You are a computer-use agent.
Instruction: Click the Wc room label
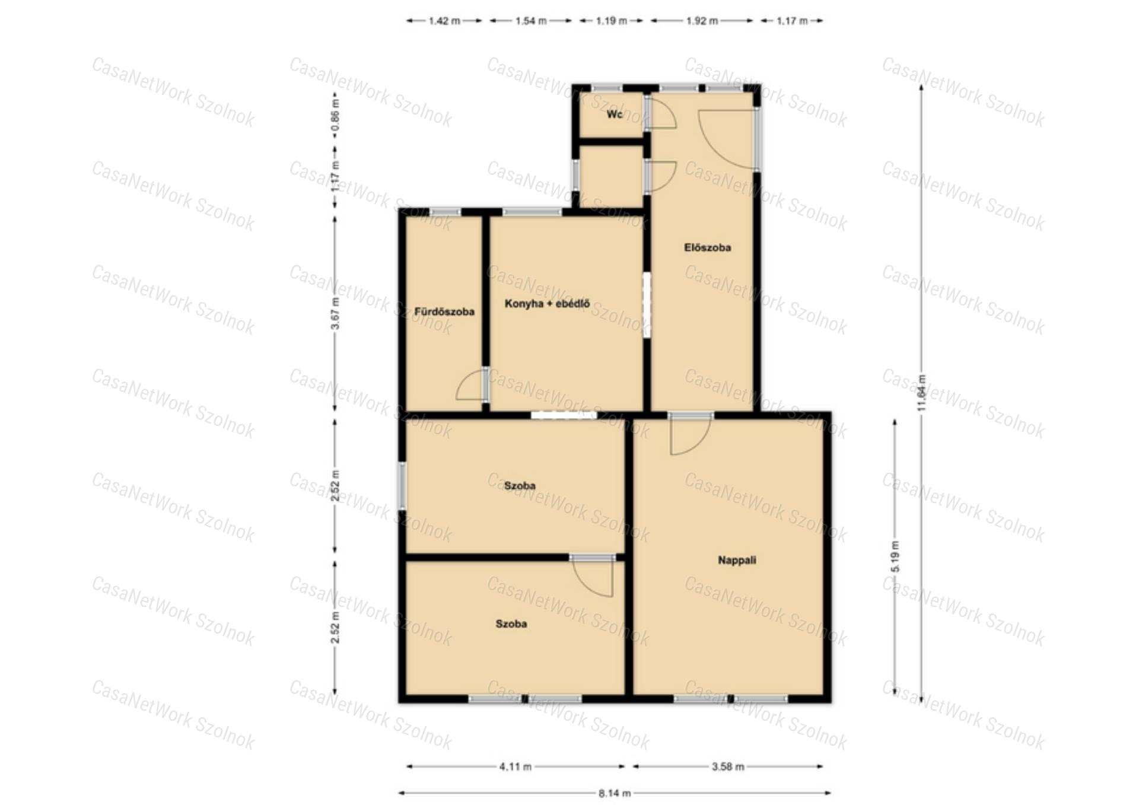(x=615, y=114)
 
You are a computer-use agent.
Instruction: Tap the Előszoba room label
(x=707, y=247)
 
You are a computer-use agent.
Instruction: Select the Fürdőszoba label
(x=444, y=311)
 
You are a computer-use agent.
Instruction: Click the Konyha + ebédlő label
(x=547, y=304)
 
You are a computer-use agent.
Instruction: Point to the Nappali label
(x=737, y=560)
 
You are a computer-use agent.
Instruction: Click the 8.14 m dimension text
(x=615, y=793)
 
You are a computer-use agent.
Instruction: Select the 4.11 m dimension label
(x=516, y=766)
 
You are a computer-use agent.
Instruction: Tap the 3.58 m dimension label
(x=728, y=766)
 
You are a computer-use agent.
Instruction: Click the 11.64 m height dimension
(x=921, y=392)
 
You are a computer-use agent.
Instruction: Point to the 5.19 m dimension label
(x=895, y=557)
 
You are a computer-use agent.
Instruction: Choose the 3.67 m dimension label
(x=335, y=313)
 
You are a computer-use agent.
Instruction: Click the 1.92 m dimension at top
(x=702, y=21)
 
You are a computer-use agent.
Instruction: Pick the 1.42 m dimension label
(x=444, y=21)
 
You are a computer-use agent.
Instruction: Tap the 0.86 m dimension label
(x=335, y=121)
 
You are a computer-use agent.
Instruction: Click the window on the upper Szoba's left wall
(x=402, y=486)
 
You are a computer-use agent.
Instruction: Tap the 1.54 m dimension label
(x=531, y=21)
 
